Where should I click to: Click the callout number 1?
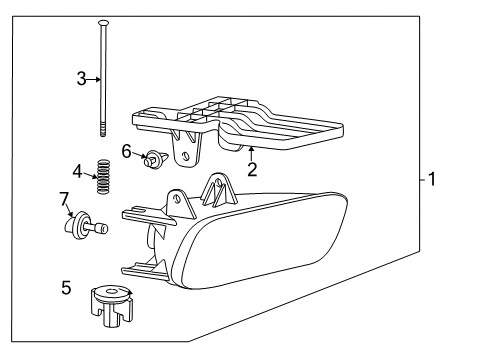point(431,181)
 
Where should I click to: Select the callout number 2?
point(253,170)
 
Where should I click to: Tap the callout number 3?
point(81,78)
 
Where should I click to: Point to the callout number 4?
point(77,172)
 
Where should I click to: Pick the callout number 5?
point(65,288)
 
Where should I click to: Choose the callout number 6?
point(127,150)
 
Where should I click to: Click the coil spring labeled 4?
point(100,177)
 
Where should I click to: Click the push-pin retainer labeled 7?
point(83,226)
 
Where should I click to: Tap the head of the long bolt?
point(103,20)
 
